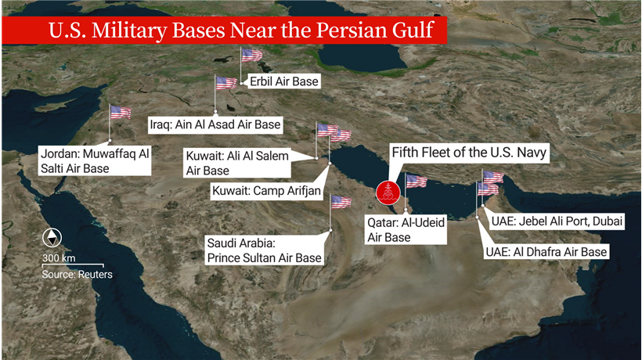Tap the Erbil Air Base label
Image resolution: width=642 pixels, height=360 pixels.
tap(284, 81)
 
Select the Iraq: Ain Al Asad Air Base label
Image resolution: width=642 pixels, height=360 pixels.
tap(215, 124)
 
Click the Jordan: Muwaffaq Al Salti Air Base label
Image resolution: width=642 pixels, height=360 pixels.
tap(94, 160)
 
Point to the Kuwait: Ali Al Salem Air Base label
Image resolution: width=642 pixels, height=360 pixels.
tap(237, 163)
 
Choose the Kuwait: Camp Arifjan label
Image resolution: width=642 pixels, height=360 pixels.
tap(261, 189)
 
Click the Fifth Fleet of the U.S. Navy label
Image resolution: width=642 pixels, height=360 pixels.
tap(468, 152)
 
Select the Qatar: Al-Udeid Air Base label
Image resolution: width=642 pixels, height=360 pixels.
tap(406, 230)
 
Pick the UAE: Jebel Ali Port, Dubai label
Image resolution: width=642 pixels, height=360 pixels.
tap(557, 221)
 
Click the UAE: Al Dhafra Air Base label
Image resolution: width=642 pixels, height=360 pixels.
tap(546, 252)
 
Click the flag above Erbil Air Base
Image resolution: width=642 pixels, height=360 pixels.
tap(251, 55)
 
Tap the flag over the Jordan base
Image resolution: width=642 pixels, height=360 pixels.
tap(120, 111)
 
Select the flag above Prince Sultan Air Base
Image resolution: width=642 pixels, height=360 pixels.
tap(341, 202)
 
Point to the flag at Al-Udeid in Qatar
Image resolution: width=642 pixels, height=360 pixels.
tap(416, 182)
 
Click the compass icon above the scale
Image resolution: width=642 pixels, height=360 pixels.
tap(52, 238)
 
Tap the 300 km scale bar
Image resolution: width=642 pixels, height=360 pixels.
tap(73, 265)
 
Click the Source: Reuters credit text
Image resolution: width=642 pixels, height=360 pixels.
tap(77, 275)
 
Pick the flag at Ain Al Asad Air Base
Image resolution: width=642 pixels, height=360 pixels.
tap(225, 83)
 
